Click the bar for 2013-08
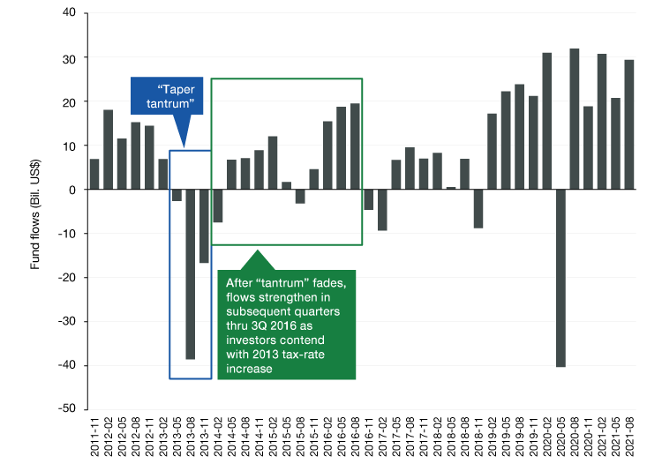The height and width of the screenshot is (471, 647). coord(190,274)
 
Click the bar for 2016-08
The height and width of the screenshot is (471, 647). coord(355,146)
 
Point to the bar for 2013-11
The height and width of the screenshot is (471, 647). coord(204,226)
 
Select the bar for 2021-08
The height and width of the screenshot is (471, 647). coord(629,124)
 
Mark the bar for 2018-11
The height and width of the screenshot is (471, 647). coord(478,209)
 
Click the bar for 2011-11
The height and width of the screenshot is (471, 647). coord(94,174)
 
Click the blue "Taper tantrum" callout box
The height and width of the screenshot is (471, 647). coord(176,98)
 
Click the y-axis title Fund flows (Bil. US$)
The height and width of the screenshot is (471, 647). coord(36,211)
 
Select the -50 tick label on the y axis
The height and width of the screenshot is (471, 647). coord(66,409)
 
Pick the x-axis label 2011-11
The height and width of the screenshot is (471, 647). coord(94,439)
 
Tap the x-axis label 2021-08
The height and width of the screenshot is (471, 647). coord(629,439)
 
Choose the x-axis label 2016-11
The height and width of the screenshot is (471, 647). coord(369,439)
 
